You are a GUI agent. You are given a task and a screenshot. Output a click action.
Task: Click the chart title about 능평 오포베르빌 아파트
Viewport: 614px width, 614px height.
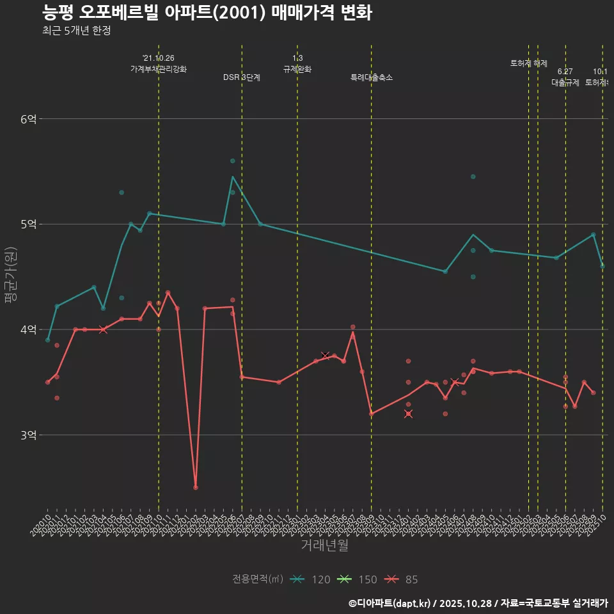point(207,13)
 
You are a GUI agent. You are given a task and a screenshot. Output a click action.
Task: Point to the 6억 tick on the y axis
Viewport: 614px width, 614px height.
point(29,119)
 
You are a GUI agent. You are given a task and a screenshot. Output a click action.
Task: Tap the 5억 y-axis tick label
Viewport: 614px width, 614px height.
point(29,224)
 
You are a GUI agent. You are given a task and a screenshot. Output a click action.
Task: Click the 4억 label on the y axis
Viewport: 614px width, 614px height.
point(29,330)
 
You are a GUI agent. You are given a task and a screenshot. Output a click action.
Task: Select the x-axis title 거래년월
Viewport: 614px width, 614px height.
point(324,546)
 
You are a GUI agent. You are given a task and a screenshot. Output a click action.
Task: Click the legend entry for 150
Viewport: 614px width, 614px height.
point(358,579)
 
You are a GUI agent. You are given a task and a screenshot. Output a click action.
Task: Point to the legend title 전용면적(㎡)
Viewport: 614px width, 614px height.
point(258,579)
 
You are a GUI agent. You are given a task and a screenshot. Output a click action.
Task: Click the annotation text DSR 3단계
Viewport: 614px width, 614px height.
point(242,77)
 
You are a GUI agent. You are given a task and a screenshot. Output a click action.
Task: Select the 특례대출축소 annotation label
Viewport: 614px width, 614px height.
point(372,77)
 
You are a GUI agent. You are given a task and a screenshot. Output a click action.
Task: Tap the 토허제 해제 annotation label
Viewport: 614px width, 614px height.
point(529,63)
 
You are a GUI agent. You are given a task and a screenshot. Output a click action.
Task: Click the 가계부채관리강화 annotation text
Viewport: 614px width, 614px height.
point(159,68)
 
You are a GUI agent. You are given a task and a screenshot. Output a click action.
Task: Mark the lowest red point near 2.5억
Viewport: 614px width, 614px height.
point(196,487)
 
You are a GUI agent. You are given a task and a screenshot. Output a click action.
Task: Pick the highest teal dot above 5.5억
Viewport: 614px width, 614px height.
point(233,161)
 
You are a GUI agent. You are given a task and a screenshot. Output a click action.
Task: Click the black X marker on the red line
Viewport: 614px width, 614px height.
point(326,355)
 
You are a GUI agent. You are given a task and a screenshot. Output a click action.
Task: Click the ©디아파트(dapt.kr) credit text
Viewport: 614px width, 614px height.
point(393,603)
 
